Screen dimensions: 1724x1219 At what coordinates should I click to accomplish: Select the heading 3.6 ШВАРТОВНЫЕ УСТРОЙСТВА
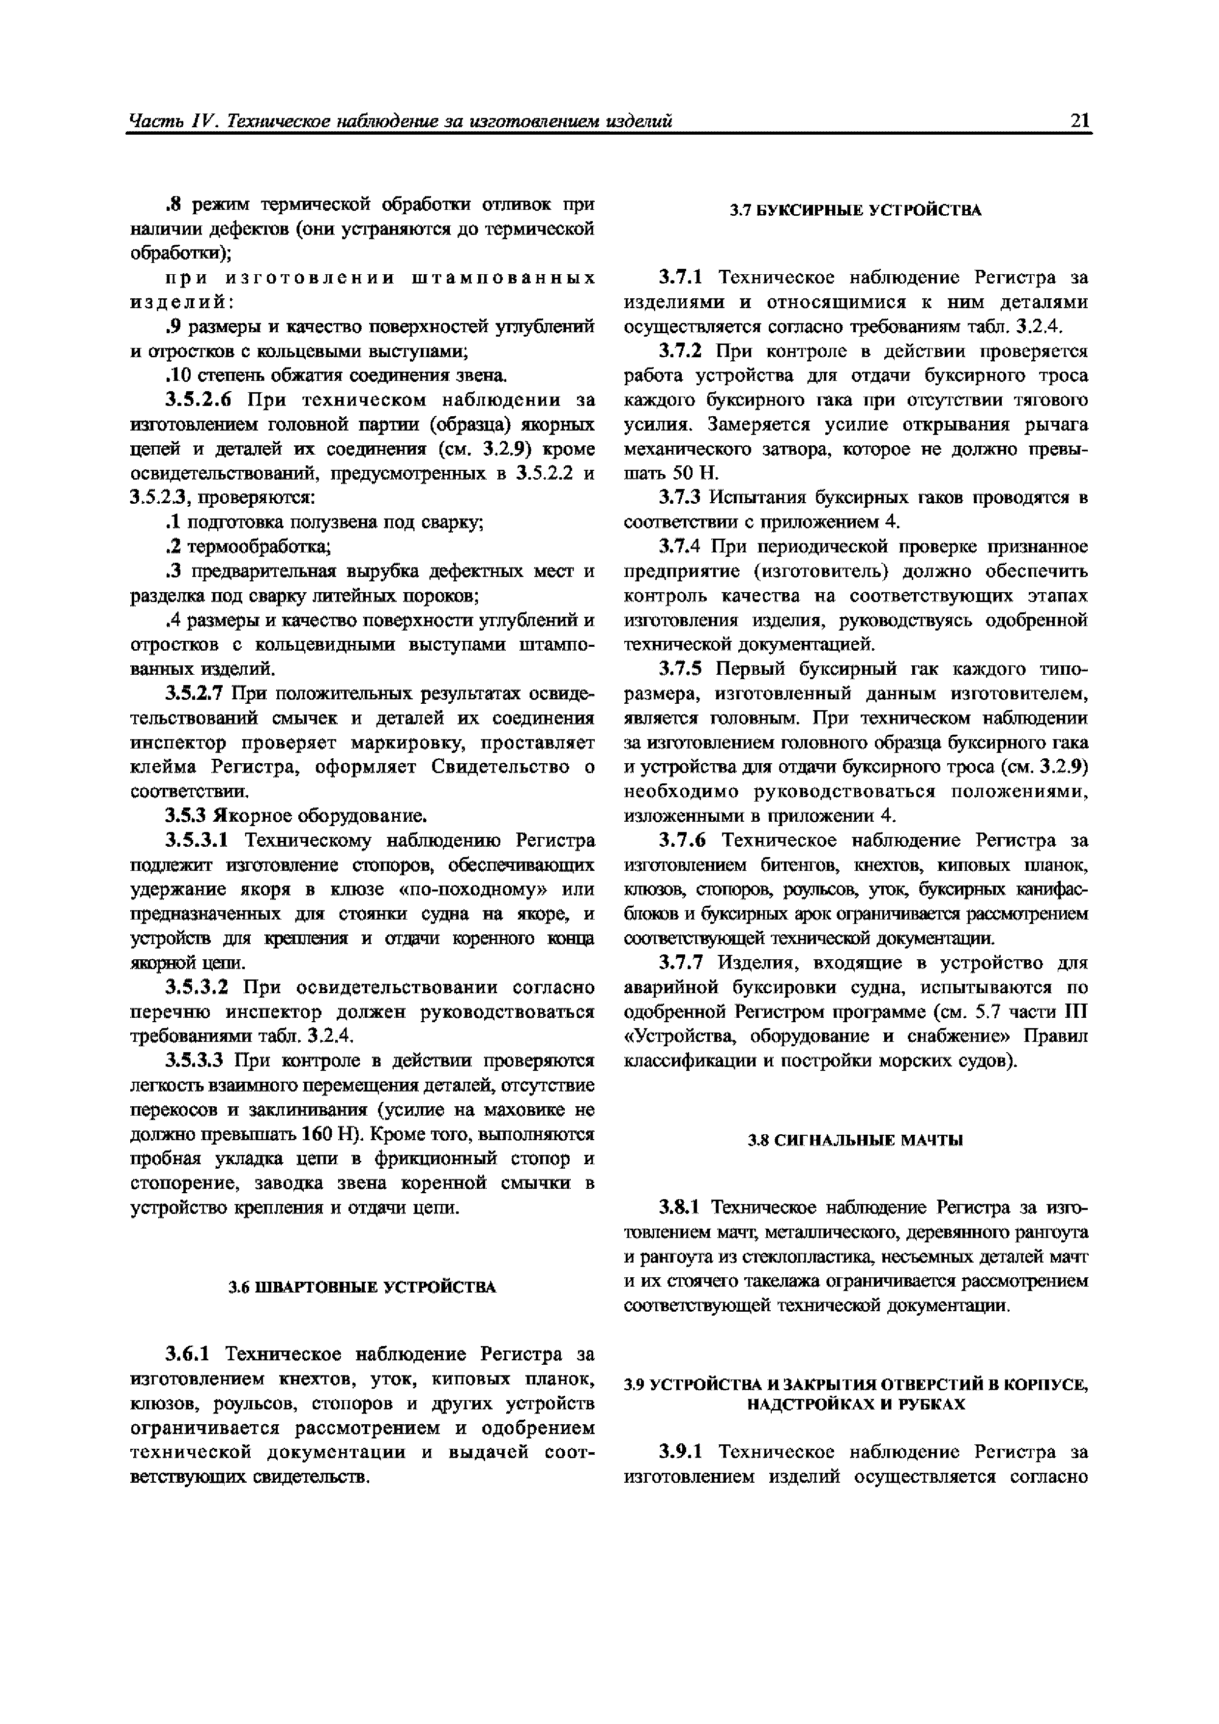[362, 1287]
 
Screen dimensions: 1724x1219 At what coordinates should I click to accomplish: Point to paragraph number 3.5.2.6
[197, 400]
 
